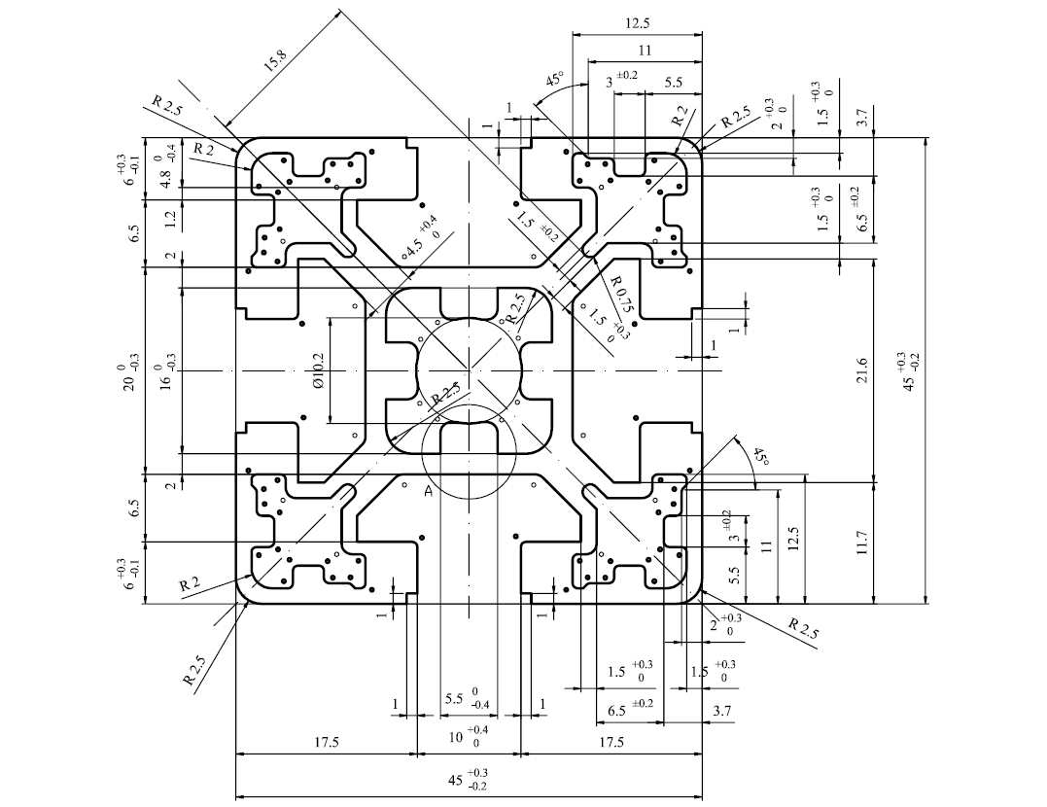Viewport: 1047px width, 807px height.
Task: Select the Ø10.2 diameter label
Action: coord(317,371)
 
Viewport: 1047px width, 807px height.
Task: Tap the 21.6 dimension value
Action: coord(862,370)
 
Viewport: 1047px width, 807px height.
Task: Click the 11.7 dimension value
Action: coord(862,543)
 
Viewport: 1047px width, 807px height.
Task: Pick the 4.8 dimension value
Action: coord(165,178)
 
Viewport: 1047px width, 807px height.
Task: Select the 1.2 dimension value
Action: coord(169,217)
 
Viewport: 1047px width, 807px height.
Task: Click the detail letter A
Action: coord(429,492)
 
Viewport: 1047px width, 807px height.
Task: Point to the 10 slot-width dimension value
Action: coord(456,737)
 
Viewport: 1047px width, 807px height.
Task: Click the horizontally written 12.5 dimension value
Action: coord(637,23)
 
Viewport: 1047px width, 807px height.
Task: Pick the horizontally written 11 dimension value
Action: coord(645,51)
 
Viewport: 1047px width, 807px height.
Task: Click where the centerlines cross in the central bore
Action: coord(470,370)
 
